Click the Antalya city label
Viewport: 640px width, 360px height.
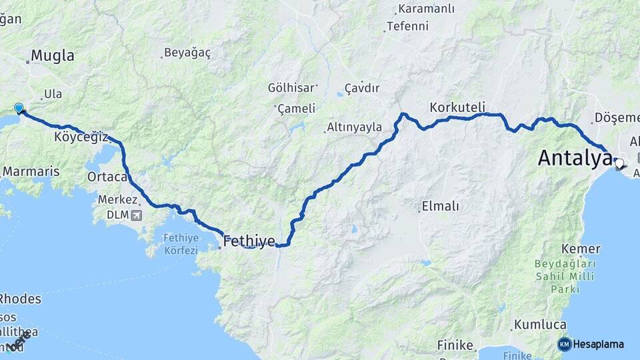574,158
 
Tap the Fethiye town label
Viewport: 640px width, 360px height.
249,240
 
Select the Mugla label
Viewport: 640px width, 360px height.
53,55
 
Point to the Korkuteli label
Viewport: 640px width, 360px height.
457,107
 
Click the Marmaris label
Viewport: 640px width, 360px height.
31,171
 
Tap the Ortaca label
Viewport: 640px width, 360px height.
107,177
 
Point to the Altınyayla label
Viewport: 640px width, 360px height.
354,127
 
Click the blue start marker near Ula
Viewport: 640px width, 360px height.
19,107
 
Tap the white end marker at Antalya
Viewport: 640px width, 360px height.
619,163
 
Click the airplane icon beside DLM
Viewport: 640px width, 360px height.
137,215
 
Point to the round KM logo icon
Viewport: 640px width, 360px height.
565,344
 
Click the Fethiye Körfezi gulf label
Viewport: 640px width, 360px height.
181,245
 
